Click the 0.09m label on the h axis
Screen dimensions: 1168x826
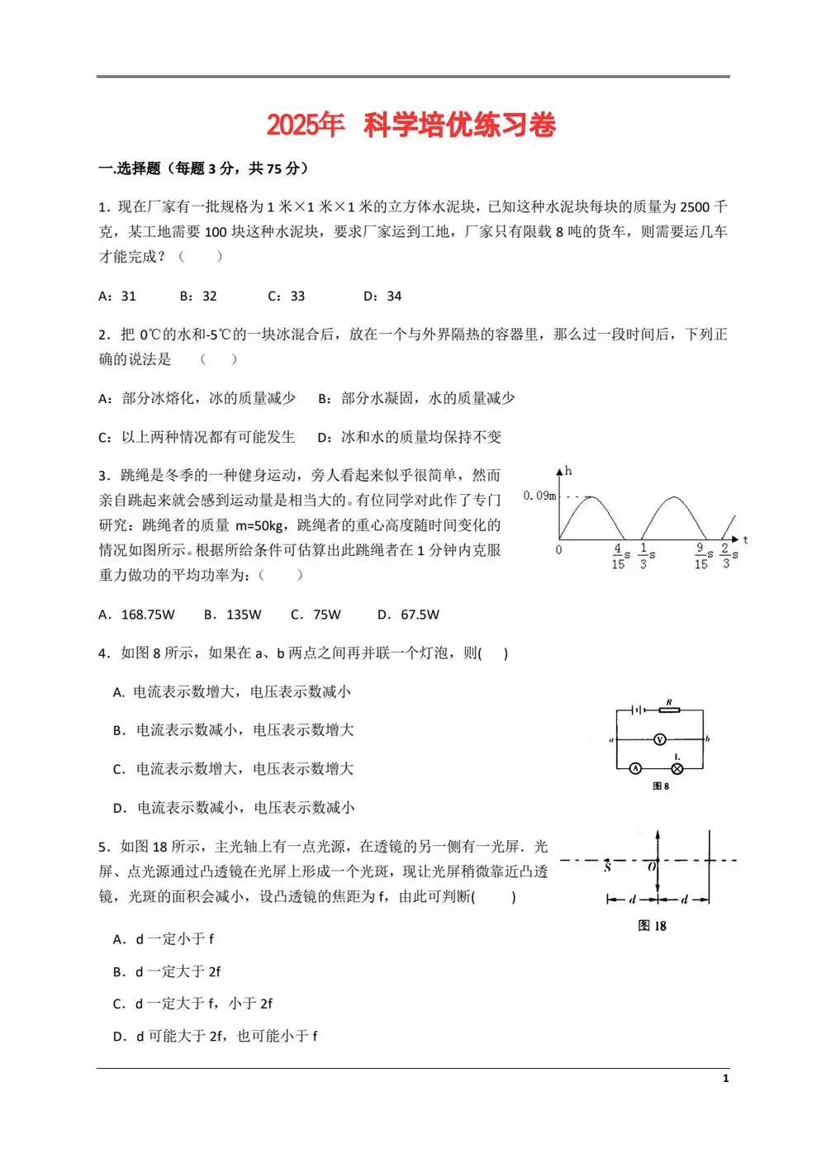[539, 496]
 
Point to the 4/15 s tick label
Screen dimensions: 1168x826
[619, 556]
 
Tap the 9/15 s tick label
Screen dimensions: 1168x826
[701, 556]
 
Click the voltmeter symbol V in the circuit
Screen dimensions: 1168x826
[659, 739]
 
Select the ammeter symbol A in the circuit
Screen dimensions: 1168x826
[635, 768]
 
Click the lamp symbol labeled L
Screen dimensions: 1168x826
[677, 768]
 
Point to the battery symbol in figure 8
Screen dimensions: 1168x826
[638, 709]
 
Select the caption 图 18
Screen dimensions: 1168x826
[652, 926]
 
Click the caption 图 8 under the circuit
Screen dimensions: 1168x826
[661, 786]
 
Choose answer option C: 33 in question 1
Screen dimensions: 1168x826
[287, 296]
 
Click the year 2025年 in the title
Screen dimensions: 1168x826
[305, 125]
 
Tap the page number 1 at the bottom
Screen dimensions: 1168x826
[725, 1078]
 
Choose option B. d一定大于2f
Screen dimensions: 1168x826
[167, 971]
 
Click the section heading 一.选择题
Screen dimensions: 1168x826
[129, 169]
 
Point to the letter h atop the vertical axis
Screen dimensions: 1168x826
[568, 471]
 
